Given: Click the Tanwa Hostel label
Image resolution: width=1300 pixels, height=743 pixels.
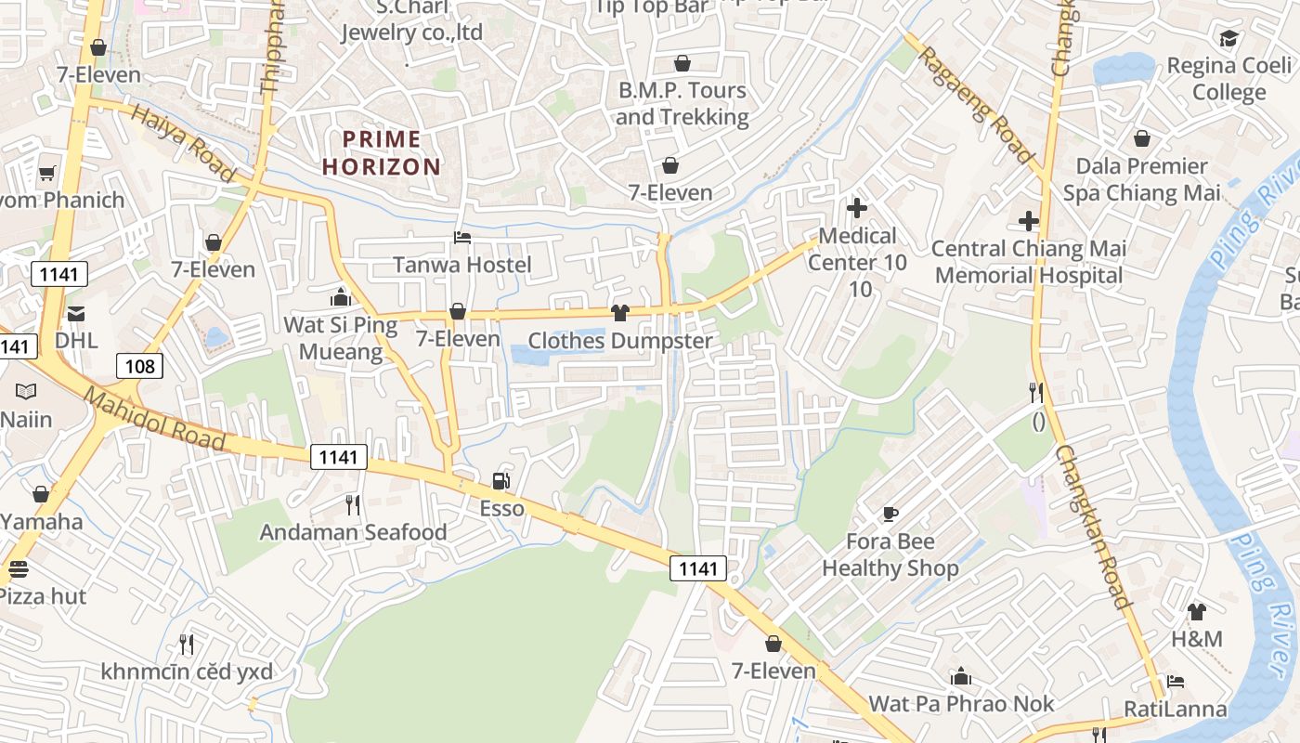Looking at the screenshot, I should (462, 265).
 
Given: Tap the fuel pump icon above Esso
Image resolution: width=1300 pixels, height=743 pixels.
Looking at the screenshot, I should (500, 481).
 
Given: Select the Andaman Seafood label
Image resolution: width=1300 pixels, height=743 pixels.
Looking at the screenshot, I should (353, 532).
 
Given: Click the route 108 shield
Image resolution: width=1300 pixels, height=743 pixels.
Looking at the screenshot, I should (140, 366).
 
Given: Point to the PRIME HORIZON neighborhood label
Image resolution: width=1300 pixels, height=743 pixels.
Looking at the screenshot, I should (382, 153).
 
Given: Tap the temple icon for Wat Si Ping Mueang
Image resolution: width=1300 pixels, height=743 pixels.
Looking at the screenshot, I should (341, 297).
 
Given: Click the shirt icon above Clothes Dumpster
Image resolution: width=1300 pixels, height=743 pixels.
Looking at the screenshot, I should (620, 312).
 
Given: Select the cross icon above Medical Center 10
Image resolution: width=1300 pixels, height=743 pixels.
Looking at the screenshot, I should (856, 208).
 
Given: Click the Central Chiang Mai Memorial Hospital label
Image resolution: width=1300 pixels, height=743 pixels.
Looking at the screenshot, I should (1029, 262).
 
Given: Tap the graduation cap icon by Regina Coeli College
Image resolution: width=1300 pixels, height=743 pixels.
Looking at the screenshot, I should (1228, 39).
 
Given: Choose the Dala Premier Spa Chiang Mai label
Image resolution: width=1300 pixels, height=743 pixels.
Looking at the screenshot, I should (1141, 179).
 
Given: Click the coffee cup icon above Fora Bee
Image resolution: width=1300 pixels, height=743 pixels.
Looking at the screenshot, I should (890, 514).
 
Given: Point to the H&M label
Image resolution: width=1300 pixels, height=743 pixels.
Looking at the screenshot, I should (1196, 639).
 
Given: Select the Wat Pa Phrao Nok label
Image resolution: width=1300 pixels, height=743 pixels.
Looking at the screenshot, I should (961, 703).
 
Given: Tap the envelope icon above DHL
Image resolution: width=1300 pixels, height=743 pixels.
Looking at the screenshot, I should (75, 314).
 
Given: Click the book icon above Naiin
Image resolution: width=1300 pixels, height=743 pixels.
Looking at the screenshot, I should (26, 391).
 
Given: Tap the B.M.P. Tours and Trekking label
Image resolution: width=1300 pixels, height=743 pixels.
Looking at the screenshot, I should (682, 103).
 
